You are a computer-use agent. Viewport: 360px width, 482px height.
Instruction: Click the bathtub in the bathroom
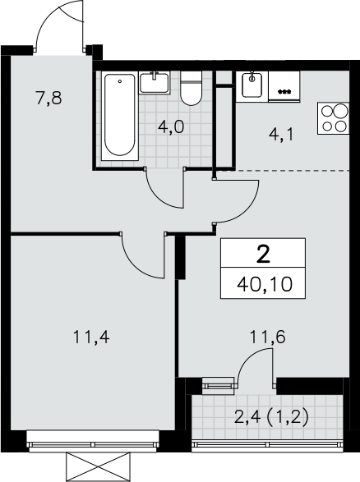point(120,116)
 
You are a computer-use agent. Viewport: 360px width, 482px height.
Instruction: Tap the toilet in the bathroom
point(191,89)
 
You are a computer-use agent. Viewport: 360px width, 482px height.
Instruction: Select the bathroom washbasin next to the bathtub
point(155,83)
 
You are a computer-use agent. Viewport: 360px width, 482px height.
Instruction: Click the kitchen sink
point(252,85)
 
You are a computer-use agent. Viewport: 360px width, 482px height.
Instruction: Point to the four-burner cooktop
point(333,118)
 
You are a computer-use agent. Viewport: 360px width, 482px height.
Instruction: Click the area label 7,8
point(49,99)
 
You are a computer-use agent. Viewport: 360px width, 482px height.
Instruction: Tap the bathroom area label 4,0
point(171,126)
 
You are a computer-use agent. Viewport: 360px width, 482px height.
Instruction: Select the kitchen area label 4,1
point(282,135)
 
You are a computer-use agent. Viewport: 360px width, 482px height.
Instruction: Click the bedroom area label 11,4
point(91,337)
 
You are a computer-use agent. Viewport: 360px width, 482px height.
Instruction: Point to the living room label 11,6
point(268,337)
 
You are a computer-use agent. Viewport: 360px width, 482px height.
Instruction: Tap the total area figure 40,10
point(265,284)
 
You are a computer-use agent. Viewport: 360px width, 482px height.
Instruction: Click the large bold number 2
point(263,255)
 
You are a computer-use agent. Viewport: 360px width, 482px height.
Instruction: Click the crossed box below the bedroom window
point(97,467)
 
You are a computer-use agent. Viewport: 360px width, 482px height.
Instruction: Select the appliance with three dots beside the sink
point(284,86)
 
